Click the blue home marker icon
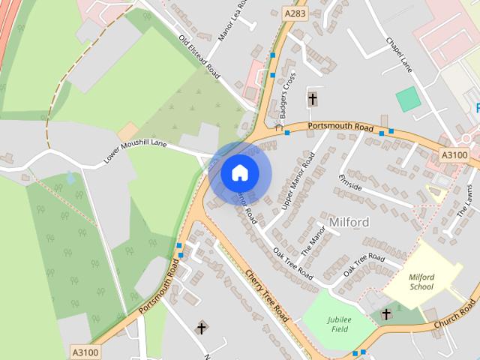point(239,172)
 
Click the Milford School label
point(421,281)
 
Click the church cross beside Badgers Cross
point(312,98)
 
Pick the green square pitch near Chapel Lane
point(408,99)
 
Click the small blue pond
point(70,178)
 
